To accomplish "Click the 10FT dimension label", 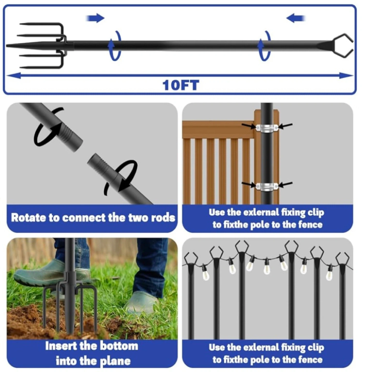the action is click(x=181, y=85).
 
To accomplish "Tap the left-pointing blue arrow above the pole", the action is click(x=295, y=19).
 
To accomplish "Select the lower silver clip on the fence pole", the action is click(x=267, y=187).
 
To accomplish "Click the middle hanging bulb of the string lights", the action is click(x=267, y=267).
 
